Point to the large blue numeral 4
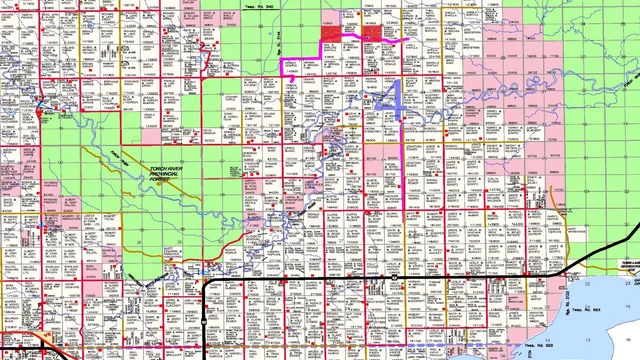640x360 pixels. click(391, 99)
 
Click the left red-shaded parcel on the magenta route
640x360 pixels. click(331, 33)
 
